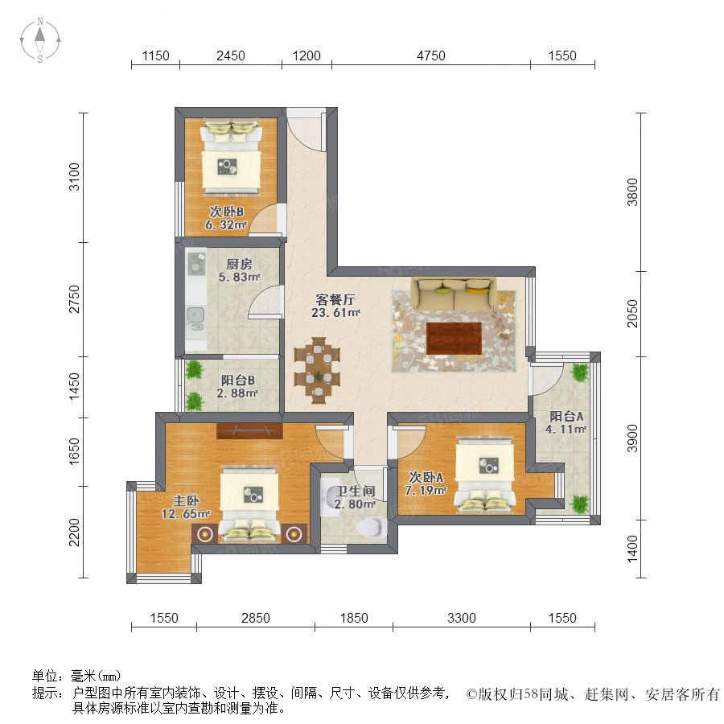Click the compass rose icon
40,40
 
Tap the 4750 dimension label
431,56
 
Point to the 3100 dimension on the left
74,177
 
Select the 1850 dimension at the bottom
354,618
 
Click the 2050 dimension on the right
632,314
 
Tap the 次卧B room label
226,212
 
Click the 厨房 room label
239,264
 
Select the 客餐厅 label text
335,300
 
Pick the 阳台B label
238,381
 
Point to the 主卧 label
186,500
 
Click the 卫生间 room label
355,492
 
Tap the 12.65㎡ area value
186,513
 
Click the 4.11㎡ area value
566,429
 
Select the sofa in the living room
454,294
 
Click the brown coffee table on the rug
455,339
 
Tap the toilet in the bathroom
371,527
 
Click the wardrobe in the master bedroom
249,430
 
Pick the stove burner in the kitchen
195,262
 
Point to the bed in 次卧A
484,475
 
